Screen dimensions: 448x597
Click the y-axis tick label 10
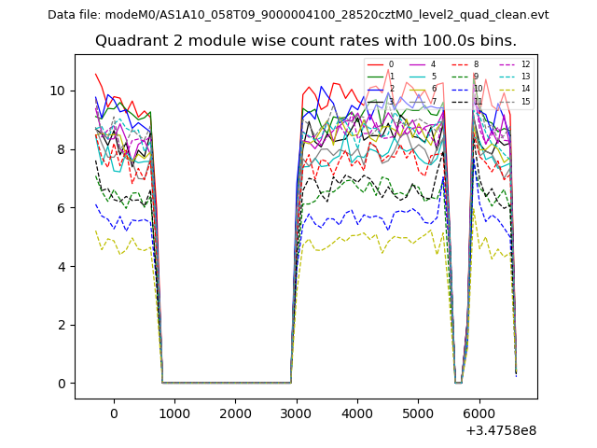point(58,91)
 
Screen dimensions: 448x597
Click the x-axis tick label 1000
point(174,413)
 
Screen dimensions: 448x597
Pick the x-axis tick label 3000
point(296,413)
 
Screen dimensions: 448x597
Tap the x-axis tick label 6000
point(479,413)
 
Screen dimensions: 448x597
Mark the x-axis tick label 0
point(114,413)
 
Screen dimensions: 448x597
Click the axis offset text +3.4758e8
point(501,430)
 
